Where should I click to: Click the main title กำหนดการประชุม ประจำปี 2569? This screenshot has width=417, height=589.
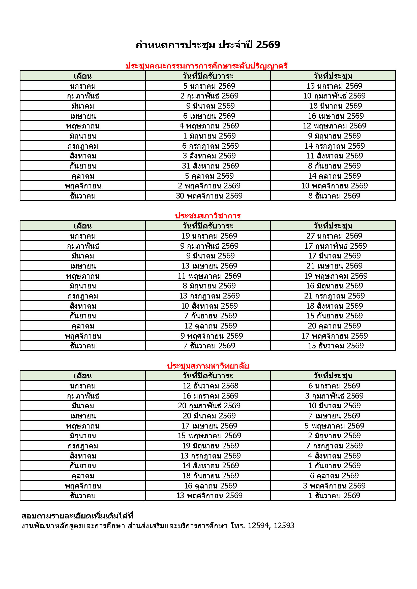(x=208, y=45)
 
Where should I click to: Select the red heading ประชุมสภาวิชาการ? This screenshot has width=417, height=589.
(x=208, y=215)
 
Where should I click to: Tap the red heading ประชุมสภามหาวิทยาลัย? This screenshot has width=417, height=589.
(x=208, y=366)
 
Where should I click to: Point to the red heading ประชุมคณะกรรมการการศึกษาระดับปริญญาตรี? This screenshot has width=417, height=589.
(x=206, y=66)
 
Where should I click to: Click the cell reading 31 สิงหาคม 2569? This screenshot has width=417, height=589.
(x=210, y=166)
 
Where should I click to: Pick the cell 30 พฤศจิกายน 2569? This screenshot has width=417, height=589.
(x=209, y=196)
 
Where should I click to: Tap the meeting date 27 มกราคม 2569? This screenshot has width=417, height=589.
(x=334, y=236)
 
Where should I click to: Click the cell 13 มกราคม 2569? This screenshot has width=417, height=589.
(x=334, y=86)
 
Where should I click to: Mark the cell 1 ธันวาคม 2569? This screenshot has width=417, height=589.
(x=334, y=496)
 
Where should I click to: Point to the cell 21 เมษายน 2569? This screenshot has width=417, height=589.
(x=334, y=266)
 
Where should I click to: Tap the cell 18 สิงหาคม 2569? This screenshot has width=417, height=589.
(x=334, y=306)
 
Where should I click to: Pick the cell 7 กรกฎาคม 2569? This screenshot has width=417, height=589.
(x=334, y=446)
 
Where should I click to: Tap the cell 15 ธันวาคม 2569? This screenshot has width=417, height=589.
(x=335, y=346)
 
